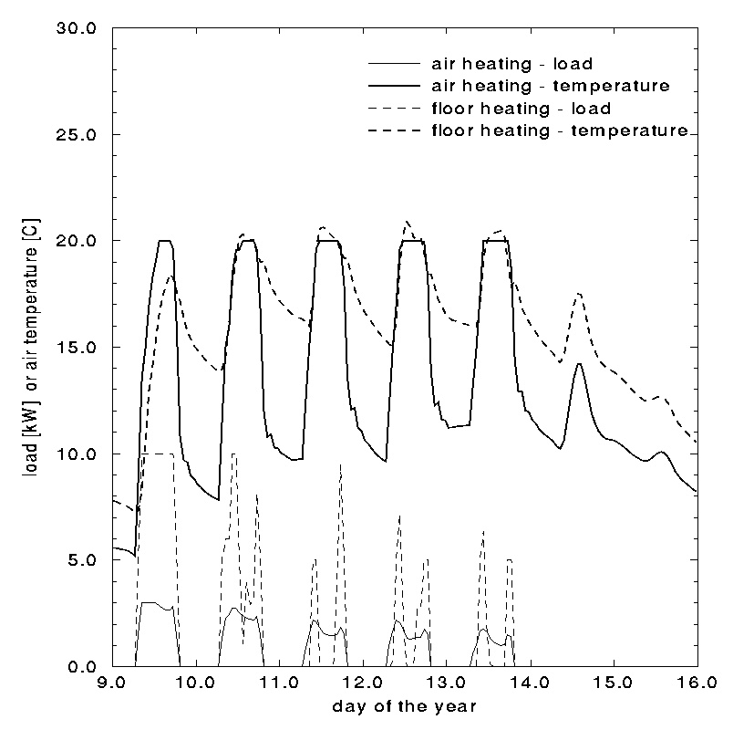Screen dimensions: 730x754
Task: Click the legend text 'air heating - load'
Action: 511,65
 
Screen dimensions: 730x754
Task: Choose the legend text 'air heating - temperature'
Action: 551,87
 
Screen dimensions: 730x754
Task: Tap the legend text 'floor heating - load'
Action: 521,109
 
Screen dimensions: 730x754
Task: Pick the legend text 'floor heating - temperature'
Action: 559,130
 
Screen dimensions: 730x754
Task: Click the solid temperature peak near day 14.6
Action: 579,364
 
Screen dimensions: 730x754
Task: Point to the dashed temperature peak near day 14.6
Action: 579,294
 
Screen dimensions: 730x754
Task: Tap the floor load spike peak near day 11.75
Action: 341,464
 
